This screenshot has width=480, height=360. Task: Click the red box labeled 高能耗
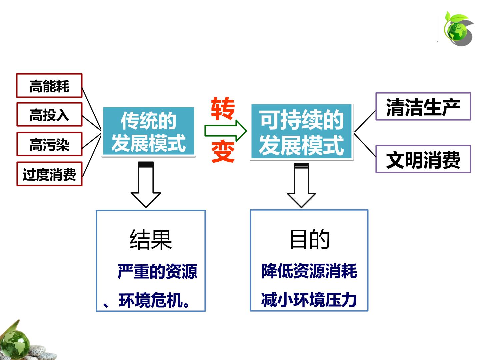coord(49,85)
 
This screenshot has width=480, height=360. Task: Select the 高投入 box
coord(49,115)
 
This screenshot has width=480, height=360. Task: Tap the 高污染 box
coord(49,144)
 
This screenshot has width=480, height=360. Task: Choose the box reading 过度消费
coord(49,174)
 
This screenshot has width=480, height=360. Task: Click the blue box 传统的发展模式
coord(148,131)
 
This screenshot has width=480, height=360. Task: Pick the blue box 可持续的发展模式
coord(301,132)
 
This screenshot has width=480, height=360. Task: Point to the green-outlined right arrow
coord(225,130)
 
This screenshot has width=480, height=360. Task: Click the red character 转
coord(223,109)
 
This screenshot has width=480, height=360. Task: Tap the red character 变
coord(223,152)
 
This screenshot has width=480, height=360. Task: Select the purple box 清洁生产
coord(423,106)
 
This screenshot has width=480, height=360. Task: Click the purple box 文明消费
coord(423,159)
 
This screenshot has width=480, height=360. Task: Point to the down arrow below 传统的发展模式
coord(146,185)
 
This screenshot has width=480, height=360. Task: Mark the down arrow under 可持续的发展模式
coord(301,185)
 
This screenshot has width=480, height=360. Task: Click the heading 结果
coord(150,240)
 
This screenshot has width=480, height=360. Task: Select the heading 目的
coord(309,239)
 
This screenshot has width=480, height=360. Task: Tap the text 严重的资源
coord(157,271)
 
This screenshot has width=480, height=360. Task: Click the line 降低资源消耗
coord(309,271)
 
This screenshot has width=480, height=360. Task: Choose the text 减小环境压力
coord(309,300)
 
